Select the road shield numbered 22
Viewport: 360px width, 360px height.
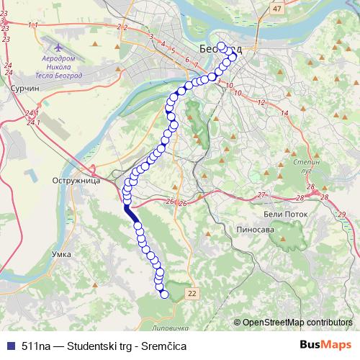pyautogui.click(x=191, y=294)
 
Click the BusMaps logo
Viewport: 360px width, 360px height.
pyautogui.click(x=326, y=346)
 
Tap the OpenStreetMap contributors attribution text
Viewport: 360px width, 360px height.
pyautogui.click(x=297, y=323)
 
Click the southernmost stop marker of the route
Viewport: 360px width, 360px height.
pyautogui.click(x=164, y=294)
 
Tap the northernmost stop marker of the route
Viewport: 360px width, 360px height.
pyautogui.click(x=221, y=47)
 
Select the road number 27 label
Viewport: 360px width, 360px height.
pyautogui.click(x=261, y=195)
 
